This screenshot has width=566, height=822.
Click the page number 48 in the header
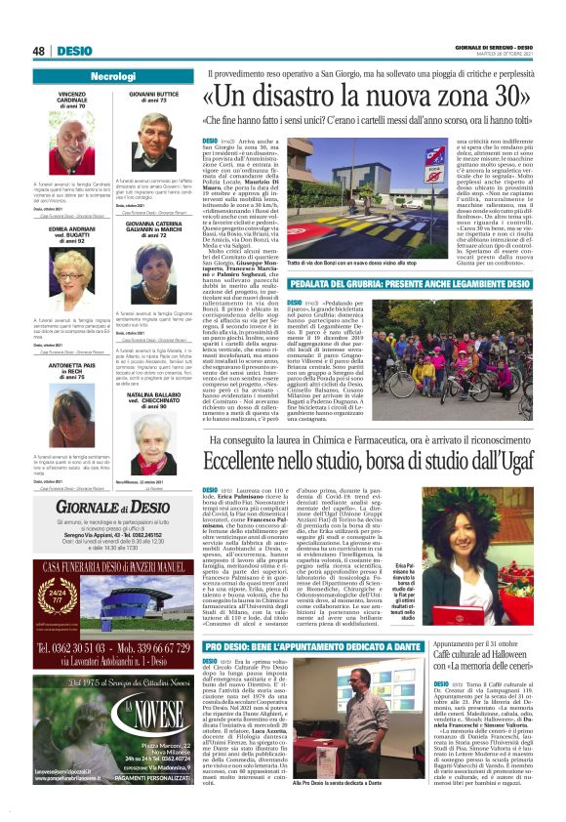[39, 51]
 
